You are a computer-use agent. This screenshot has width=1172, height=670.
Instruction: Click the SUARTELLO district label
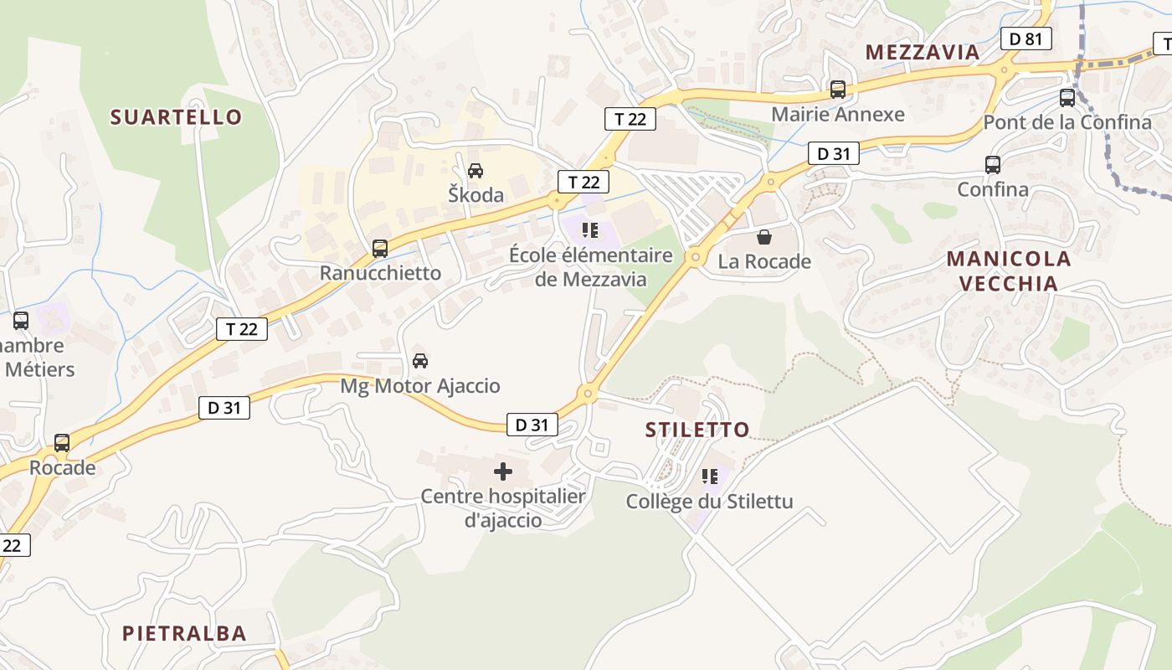click(x=176, y=117)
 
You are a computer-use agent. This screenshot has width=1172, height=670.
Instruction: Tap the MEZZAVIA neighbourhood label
click(x=922, y=52)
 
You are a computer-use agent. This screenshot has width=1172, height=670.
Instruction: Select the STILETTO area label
click(x=697, y=430)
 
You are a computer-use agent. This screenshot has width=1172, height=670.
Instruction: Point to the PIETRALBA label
click(x=184, y=633)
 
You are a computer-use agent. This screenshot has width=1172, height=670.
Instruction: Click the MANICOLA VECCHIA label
click(x=1009, y=271)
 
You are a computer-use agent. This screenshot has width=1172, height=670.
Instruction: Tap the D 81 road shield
click(x=1025, y=39)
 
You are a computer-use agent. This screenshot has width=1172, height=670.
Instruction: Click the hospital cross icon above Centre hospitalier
click(x=502, y=472)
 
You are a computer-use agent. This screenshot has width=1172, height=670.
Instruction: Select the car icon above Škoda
click(x=475, y=171)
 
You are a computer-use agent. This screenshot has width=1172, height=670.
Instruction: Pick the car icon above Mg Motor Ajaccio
click(x=420, y=361)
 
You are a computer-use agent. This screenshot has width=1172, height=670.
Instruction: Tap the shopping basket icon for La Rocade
click(x=763, y=238)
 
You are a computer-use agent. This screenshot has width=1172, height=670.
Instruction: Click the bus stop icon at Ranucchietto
click(x=380, y=249)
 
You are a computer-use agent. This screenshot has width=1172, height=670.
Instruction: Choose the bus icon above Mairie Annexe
click(x=837, y=90)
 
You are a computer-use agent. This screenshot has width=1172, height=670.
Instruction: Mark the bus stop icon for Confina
click(x=992, y=165)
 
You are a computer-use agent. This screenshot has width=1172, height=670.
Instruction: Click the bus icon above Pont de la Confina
click(x=1067, y=98)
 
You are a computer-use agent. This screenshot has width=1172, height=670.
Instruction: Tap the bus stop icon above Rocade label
click(x=62, y=443)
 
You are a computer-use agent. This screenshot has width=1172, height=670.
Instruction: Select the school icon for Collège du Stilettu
click(x=710, y=477)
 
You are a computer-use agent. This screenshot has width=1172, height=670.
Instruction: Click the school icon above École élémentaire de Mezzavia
click(x=590, y=230)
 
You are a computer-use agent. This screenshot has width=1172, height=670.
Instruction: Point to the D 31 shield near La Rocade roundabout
click(x=833, y=153)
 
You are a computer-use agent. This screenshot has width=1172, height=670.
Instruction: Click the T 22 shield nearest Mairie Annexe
click(x=630, y=119)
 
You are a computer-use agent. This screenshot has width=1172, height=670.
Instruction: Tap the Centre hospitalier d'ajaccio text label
click(x=502, y=508)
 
